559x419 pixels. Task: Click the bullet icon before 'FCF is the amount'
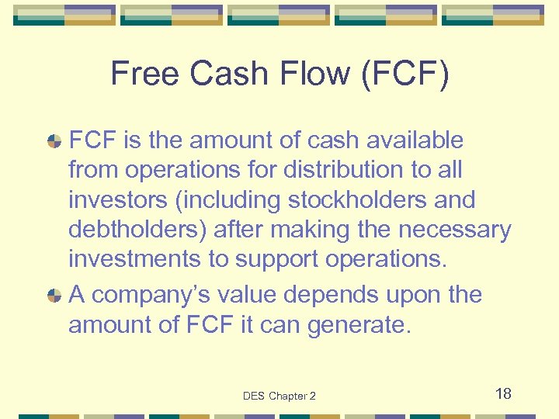tap(54, 141)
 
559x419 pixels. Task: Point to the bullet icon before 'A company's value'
tap(54, 296)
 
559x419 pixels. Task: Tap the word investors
tap(115, 200)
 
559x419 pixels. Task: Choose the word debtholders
tap(129, 230)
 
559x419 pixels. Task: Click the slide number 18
tap(503, 393)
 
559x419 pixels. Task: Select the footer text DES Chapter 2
tap(279, 396)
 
